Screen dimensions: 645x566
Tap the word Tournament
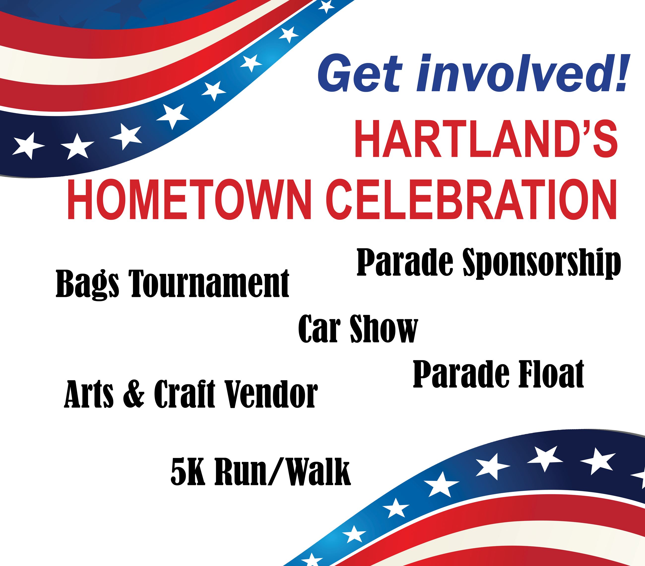coord(210,283)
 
